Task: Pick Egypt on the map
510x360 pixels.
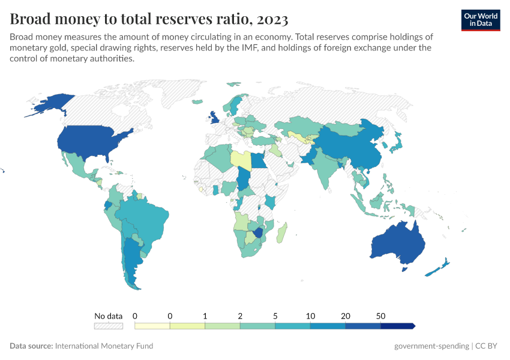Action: tap(258, 161)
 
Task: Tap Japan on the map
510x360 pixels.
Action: tap(396, 144)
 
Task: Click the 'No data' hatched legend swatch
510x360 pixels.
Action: tap(108, 326)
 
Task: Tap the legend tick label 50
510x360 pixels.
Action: tap(380, 316)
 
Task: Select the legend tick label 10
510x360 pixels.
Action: tap(310, 316)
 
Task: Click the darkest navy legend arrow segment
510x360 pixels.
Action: tap(398, 326)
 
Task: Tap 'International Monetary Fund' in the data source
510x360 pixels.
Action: tap(104, 346)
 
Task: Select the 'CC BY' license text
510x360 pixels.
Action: tap(488, 346)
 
